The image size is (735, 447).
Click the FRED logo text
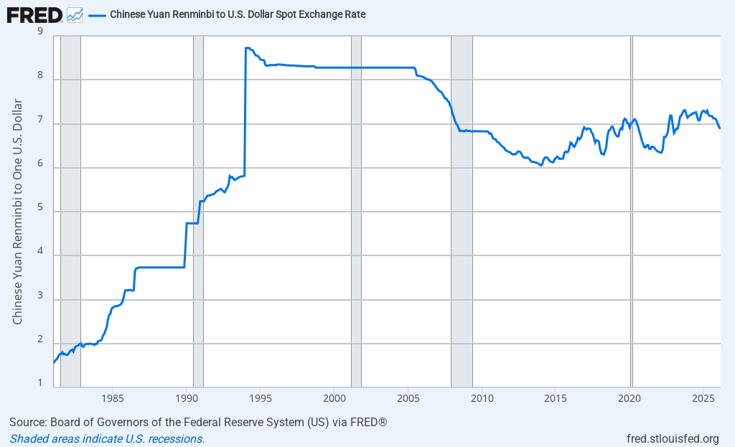(x=34, y=14)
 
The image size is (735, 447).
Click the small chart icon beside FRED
(x=74, y=14)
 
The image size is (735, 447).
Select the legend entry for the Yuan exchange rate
(x=238, y=14)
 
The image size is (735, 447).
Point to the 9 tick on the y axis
(x=39, y=32)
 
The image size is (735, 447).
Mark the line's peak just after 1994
(x=247, y=48)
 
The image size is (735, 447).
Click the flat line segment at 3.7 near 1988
(x=161, y=267)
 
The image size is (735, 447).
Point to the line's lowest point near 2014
(x=540, y=166)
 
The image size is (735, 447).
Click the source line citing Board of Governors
(x=198, y=422)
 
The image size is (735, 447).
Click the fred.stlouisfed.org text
(x=673, y=438)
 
